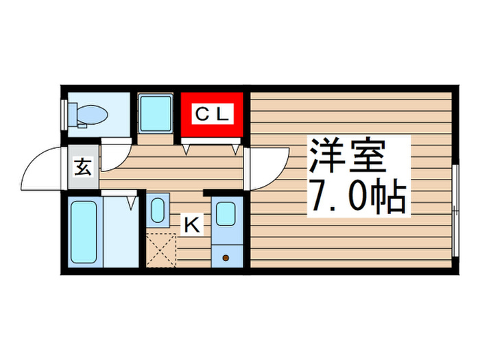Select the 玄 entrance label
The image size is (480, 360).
(x=83, y=167)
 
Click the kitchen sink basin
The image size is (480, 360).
(x=225, y=213)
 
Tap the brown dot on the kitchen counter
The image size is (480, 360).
(x=225, y=257)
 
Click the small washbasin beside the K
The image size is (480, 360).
(x=158, y=211)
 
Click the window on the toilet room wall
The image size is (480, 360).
(x=64, y=113)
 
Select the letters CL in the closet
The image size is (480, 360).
(x=211, y=114)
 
